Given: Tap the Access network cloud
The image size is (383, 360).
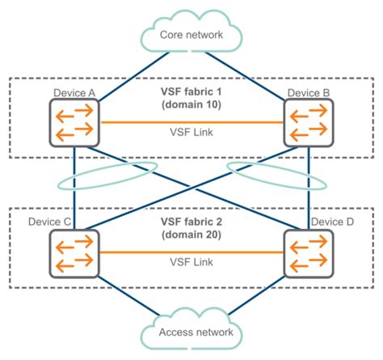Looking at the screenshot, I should tap(191, 332).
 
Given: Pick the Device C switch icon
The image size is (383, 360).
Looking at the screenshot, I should tap(74, 252).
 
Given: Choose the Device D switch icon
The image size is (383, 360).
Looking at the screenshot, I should tap(309, 252).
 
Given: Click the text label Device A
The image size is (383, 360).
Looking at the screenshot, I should tap(74, 93).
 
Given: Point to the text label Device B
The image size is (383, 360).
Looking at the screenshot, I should tap(309, 93).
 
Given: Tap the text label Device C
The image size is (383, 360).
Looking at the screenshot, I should tap(50, 221).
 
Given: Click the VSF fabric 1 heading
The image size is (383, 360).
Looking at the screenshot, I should tap(191, 91).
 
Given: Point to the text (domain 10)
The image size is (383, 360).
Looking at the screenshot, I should tap(191, 105).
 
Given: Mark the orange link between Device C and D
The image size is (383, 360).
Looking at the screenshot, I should tap(145, 252).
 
